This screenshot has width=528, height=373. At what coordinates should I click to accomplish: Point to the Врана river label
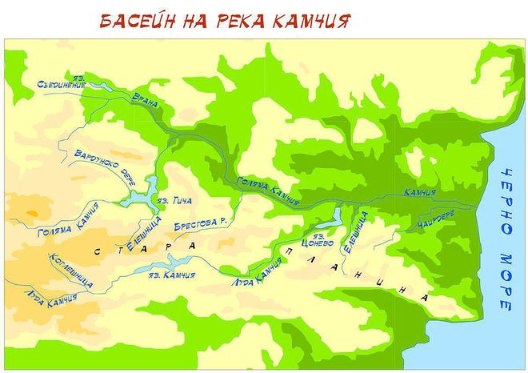(x=146, y=101)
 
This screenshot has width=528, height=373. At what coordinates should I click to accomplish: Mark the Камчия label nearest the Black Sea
(x=420, y=192)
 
